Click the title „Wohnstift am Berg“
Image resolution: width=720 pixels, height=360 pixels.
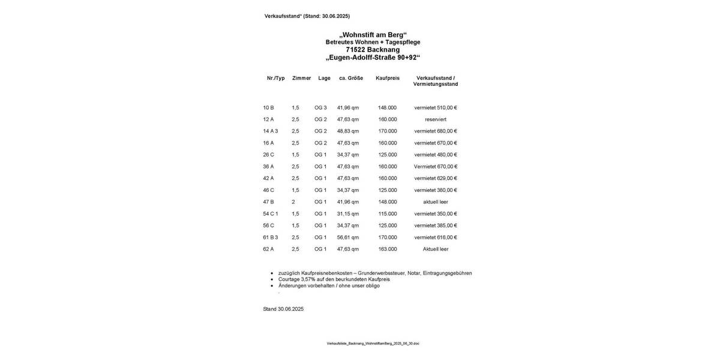click(x=373, y=35)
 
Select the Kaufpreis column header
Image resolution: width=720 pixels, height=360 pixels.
click(x=388, y=78)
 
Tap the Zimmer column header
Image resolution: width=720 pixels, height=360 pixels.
click(x=301, y=78)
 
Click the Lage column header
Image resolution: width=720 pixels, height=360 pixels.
click(x=324, y=78)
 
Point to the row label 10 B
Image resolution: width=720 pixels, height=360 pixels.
click(x=268, y=108)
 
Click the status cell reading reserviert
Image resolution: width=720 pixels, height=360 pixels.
click(x=436, y=119)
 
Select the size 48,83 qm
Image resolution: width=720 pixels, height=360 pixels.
click(x=348, y=131)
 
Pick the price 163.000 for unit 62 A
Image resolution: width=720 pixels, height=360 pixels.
click(x=388, y=250)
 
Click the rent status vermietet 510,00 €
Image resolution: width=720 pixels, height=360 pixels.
click(x=436, y=108)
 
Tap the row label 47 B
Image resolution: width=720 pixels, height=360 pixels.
click(x=268, y=202)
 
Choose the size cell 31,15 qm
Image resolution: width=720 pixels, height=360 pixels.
click(x=348, y=214)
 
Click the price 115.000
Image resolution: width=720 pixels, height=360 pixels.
click(x=388, y=214)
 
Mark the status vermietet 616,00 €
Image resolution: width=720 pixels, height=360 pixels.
click(x=436, y=238)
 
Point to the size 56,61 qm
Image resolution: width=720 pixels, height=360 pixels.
click(x=348, y=238)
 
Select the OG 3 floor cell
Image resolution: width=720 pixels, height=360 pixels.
click(x=320, y=108)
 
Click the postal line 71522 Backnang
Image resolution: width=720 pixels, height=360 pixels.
click(x=373, y=50)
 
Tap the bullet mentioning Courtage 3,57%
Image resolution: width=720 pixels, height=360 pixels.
click(x=334, y=280)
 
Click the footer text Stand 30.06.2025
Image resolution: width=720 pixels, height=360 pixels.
click(x=283, y=310)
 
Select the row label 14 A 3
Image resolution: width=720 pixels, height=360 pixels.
click(x=271, y=131)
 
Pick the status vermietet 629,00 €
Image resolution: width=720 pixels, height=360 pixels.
click(x=436, y=179)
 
